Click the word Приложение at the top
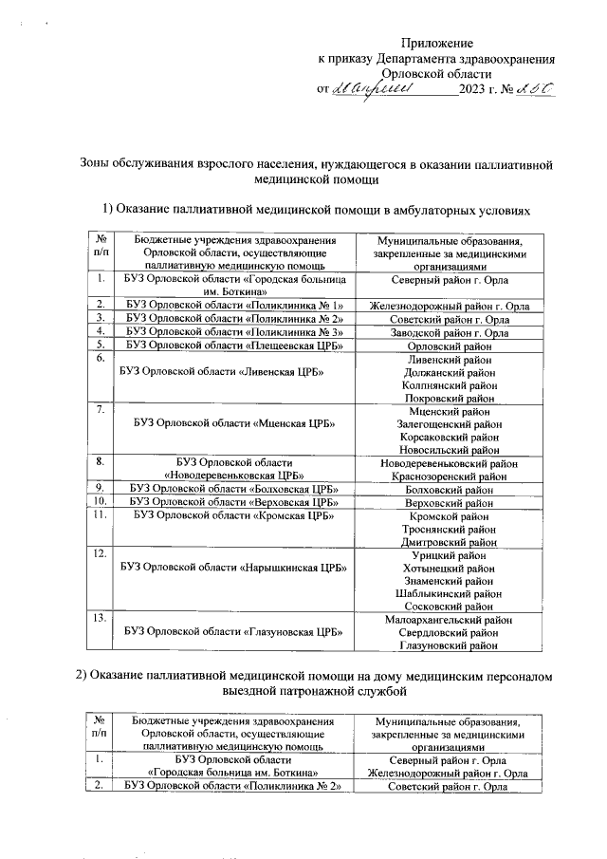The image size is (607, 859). pos(436,44)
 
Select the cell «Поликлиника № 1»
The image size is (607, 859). pos(233,306)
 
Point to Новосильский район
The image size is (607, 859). pos(444,450)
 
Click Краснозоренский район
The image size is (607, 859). pos(444,476)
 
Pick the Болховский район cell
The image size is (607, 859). pos(444,490)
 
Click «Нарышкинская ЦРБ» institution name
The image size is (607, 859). pos(233,568)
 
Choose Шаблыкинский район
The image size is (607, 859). pos(444,592)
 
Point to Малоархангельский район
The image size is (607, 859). pos(444,620)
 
